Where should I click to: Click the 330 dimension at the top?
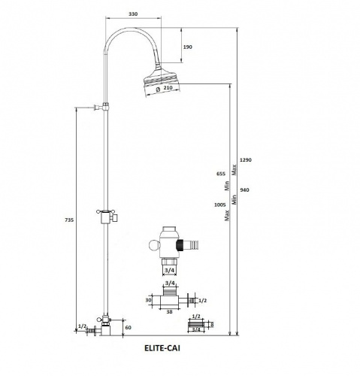(133, 14)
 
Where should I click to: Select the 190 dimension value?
(188, 47)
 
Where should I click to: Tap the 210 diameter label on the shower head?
(168, 88)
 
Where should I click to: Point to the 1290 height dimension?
(246, 159)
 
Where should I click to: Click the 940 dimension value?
(244, 190)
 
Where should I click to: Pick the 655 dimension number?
(221, 174)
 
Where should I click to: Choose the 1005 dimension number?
(219, 205)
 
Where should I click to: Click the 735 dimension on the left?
(69, 220)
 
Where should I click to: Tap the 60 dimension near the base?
(128, 327)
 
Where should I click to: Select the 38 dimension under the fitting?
(169, 312)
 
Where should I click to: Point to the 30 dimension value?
(148, 300)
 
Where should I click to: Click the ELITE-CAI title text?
(162, 348)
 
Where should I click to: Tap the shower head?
(162, 80)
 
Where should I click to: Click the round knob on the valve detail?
(153, 245)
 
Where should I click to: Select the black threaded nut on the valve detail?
(180, 245)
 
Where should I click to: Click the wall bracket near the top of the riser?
(101, 108)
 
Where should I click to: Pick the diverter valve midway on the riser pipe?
(107, 217)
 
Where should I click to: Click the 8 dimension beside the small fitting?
(212, 325)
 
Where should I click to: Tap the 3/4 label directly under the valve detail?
(169, 271)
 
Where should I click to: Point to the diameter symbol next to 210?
(158, 89)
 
